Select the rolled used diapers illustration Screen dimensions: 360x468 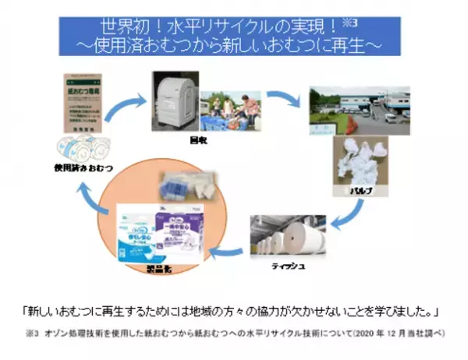[83, 150]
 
